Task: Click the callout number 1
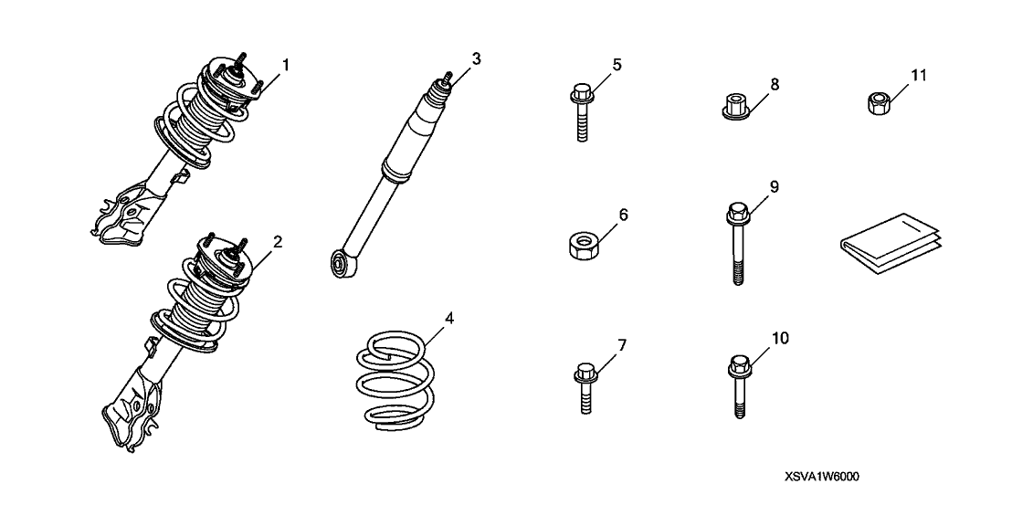285,65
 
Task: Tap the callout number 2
278,243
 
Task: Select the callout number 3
476,59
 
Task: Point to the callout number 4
449,318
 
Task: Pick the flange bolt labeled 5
582,112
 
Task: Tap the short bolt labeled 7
585,387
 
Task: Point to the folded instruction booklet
891,245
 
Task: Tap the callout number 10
780,338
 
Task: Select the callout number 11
918,75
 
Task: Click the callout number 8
775,84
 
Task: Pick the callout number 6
623,215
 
